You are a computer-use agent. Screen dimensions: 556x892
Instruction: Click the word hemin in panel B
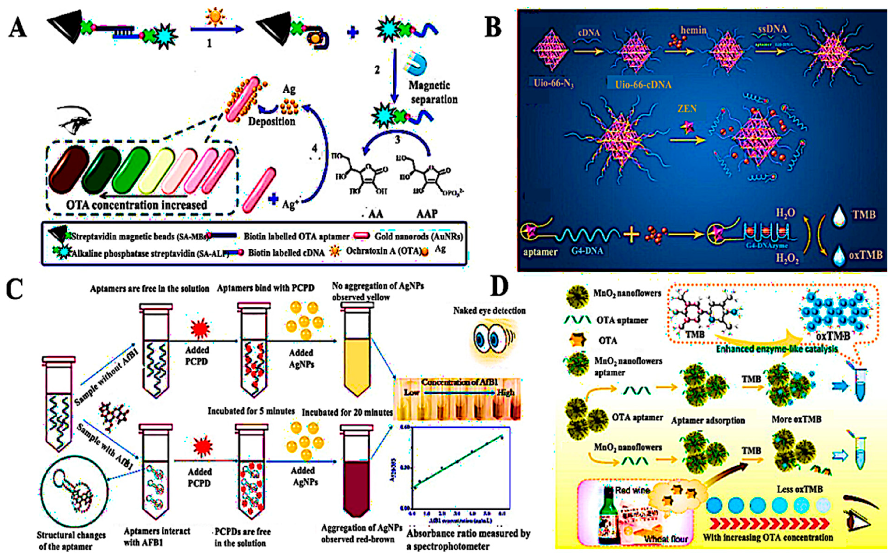click(693, 30)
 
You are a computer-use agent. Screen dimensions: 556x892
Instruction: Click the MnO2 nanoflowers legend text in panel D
click(627, 293)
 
